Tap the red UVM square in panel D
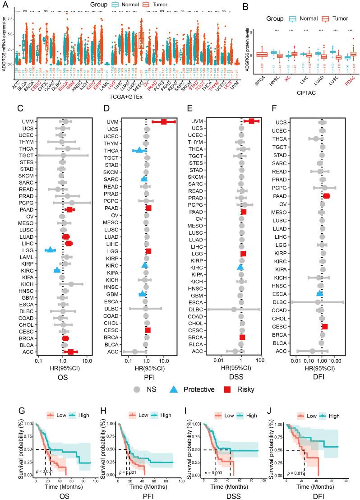(x=164, y=121)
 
